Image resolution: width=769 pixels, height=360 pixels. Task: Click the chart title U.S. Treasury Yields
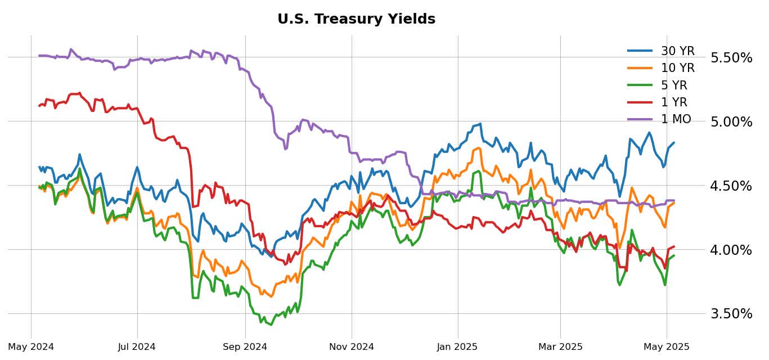(356, 19)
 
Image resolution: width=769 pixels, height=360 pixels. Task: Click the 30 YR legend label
(677, 51)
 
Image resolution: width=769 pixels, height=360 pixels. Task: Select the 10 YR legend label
(677, 68)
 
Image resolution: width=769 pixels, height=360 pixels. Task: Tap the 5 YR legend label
(674, 85)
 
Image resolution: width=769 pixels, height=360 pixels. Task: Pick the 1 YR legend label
(674, 102)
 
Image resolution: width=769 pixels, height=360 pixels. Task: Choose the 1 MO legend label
(676, 119)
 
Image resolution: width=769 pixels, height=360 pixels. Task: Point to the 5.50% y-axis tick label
(731, 58)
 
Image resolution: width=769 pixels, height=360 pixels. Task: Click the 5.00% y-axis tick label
(731, 122)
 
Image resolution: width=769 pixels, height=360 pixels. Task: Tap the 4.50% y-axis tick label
(731, 186)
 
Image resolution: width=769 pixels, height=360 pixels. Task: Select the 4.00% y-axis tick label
(731, 250)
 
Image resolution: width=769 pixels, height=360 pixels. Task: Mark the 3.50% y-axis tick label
(731, 314)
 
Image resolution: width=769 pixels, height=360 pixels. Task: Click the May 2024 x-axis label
(31, 347)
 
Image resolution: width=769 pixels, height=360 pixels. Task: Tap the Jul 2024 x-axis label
(137, 347)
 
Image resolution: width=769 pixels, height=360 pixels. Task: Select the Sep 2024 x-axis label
(245, 347)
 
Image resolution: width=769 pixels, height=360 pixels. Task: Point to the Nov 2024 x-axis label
(351, 347)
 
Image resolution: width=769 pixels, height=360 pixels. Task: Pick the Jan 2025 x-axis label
(457, 347)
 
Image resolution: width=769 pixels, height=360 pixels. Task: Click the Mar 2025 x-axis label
(560, 347)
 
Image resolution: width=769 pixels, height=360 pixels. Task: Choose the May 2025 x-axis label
(667, 347)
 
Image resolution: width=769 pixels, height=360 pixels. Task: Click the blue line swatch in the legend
(640, 51)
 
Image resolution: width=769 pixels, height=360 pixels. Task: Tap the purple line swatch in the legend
(640, 119)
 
